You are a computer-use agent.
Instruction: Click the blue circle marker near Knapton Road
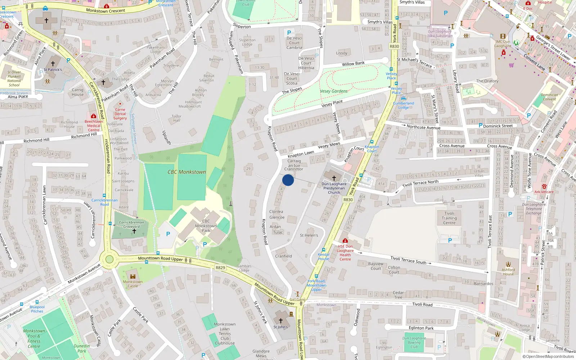pyautogui.click(x=288, y=180)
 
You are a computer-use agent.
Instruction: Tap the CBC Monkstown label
pyautogui.click(x=186, y=172)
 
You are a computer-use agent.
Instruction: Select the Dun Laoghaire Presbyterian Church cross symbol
pyautogui.click(x=334, y=178)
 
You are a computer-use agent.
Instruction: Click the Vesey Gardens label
pyautogui.click(x=334, y=91)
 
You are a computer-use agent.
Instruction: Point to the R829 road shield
pyautogui.click(x=220, y=268)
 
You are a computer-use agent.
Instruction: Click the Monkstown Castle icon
pyautogui.click(x=133, y=276)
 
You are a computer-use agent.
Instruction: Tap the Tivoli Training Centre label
pyautogui.click(x=449, y=218)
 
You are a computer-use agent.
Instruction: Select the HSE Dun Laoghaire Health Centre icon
pyautogui.click(x=345, y=240)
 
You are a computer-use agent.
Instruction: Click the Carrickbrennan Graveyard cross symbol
pyautogui.click(x=134, y=231)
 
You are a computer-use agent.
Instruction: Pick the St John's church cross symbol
pyautogui.click(x=281, y=321)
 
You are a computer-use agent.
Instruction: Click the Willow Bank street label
pyautogui.click(x=353, y=64)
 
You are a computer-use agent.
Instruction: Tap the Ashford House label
pyautogui.click(x=508, y=272)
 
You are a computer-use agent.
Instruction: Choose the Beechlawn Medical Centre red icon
pyautogui.click(x=94, y=116)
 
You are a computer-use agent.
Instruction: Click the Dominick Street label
pyautogui.click(x=498, y=126)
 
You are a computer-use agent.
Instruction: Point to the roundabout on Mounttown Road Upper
pyautogui.click(x=109, y=259)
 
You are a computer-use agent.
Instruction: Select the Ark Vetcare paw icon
pyautogui.click(x=544, y=186)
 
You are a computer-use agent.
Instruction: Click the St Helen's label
pyautogui.click(x=309, y=235)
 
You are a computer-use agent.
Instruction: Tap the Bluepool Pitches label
pyautogui.click(x=37, y=309)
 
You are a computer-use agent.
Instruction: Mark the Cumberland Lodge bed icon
pyautogui.click(x=403, y=98)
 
